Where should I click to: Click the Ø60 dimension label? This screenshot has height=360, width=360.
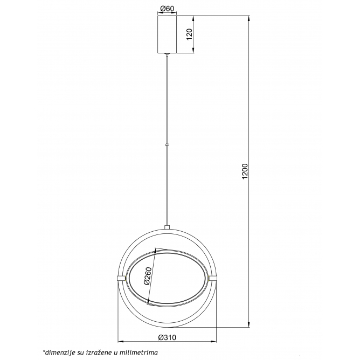point(167,9)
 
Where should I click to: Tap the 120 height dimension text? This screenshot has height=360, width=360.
point(189,34)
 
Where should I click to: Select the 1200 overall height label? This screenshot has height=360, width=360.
point(245,171)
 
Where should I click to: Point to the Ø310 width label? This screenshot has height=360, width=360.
point(167,337)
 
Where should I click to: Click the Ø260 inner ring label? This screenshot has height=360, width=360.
point(148,276)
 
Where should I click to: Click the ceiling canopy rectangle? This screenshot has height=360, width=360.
point(167,34)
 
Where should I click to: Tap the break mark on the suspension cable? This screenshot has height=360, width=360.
point(167,145)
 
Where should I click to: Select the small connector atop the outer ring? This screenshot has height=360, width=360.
point(167,227)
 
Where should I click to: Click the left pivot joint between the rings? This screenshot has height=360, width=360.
point(121,278)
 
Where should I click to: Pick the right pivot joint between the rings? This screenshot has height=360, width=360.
point(213,278)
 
